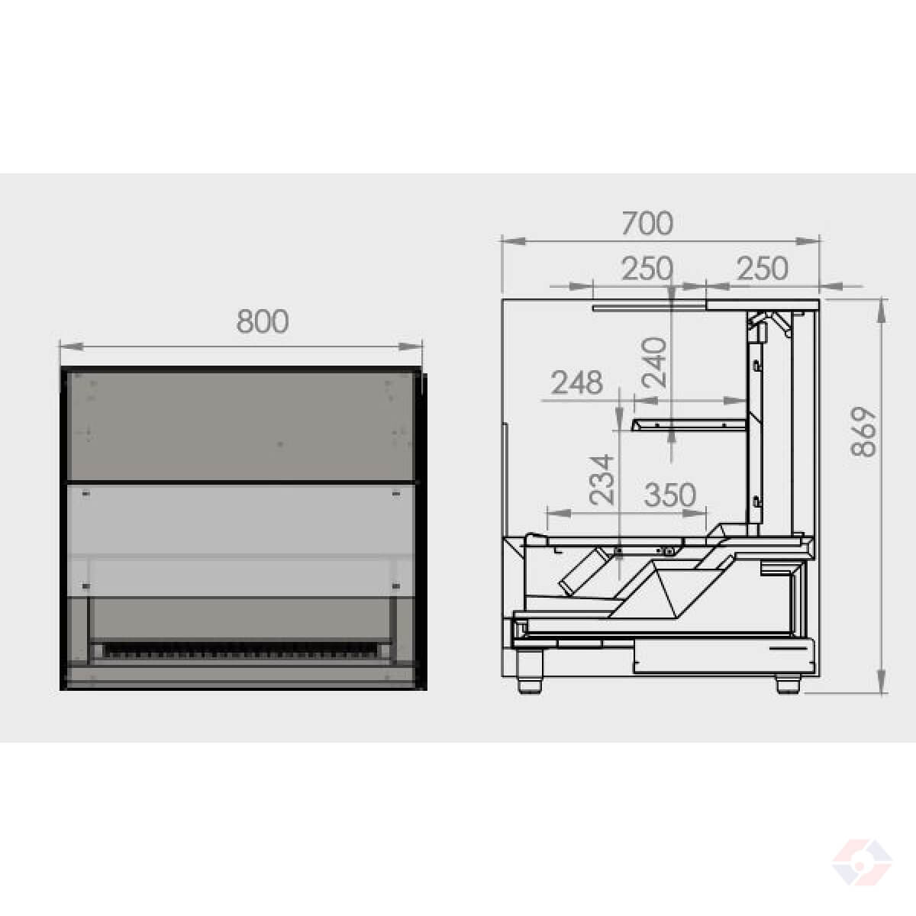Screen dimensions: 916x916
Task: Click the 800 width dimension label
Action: (263, 321)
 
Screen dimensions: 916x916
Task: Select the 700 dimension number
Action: (647, 223)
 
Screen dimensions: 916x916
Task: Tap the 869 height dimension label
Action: (863, 431)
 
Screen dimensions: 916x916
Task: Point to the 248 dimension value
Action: (577, 382)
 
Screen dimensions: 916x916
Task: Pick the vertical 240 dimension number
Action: (653, 363)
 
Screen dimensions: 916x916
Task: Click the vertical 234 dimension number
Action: (602, 479)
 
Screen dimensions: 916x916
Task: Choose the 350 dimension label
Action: (670, 495)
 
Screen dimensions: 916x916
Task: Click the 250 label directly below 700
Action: (647, 269)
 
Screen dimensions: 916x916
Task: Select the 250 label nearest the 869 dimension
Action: (763, 269)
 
